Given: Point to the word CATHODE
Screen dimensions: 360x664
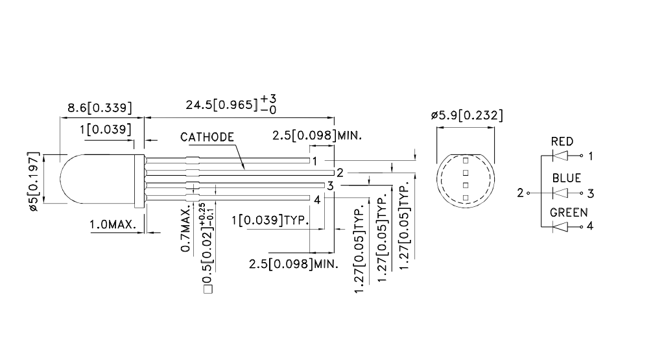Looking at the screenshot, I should coord(207,137).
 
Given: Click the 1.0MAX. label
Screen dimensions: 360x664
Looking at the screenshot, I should coord(113,224).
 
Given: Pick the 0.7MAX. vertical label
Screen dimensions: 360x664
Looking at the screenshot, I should coord(186,230).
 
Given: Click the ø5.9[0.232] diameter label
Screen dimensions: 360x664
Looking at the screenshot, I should coord(466,115).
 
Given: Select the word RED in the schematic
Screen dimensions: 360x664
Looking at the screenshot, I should coord(562,141).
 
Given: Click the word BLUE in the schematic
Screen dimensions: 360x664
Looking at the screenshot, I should coord(566,178).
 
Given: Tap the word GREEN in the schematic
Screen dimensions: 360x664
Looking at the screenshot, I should coord(569,212).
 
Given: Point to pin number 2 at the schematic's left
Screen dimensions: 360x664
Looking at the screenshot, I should coord(520,193).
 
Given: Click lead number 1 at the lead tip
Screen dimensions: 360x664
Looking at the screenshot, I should coord(314,160).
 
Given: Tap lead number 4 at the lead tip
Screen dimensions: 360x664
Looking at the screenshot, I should coord(317,200).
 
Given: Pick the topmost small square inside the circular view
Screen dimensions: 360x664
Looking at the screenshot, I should coord(466,160).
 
